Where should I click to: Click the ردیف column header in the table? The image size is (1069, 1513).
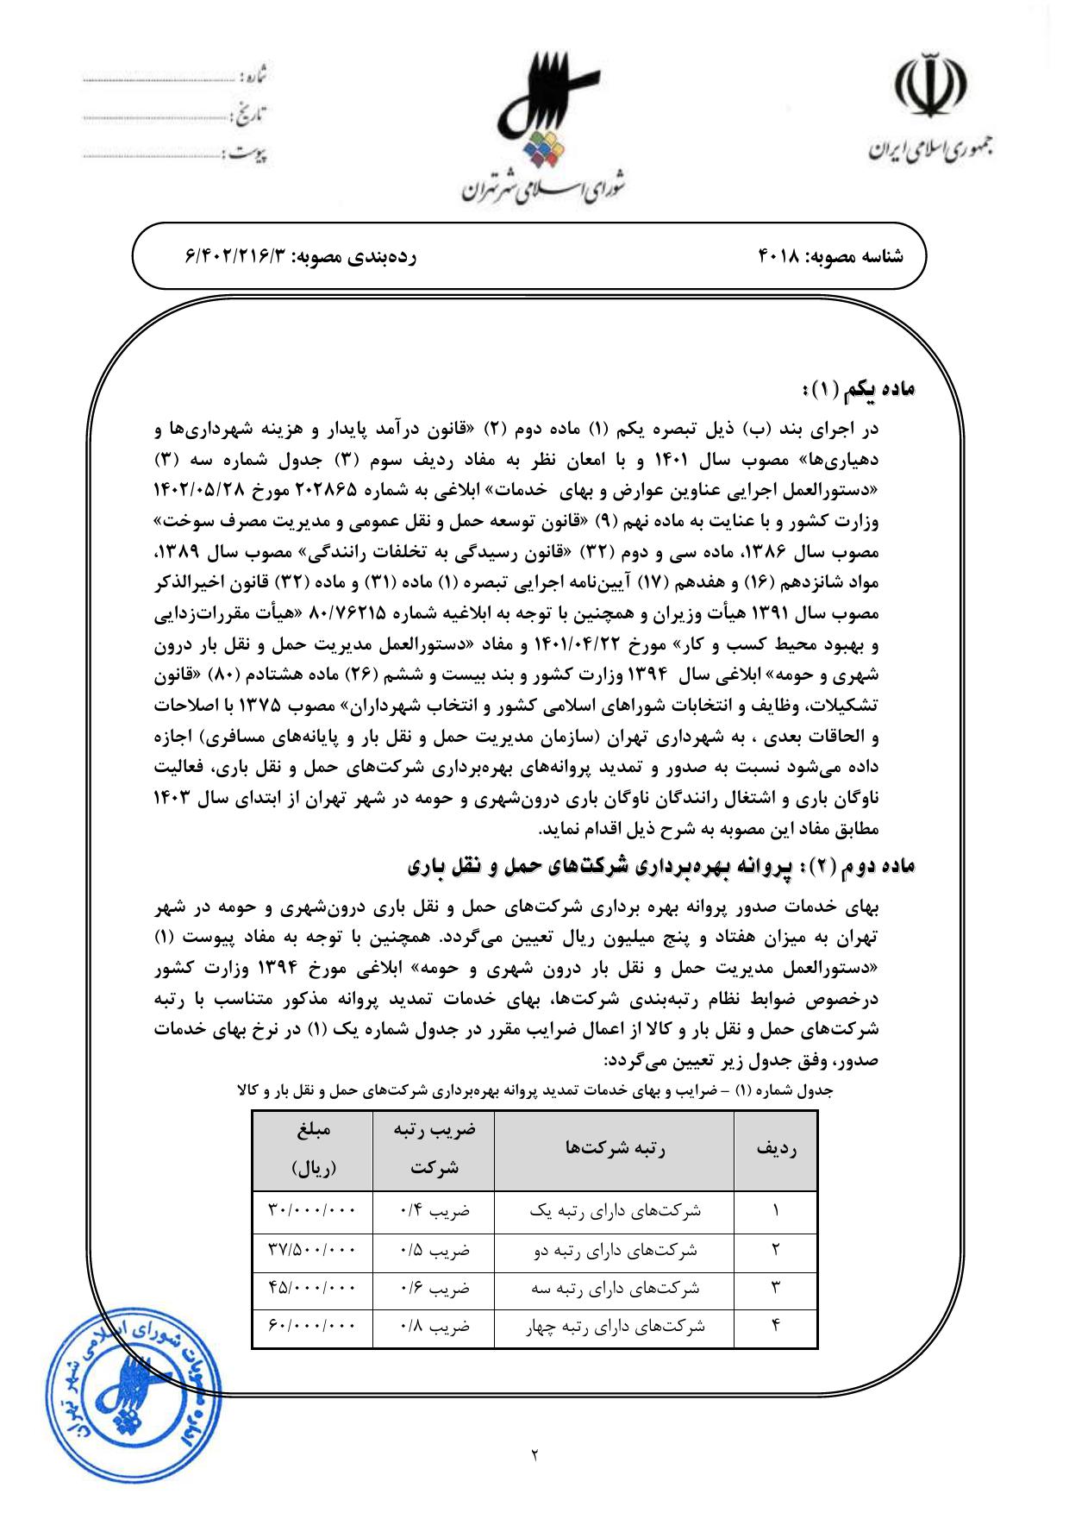tap(775, 1150)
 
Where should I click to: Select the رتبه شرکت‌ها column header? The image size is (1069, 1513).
tap(614, 1150)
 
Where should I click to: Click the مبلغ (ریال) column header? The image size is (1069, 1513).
tap(312, 1150)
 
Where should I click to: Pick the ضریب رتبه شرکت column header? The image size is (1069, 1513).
tap(433, 1150)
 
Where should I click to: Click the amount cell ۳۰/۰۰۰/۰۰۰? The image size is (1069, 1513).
tap(312, 1211)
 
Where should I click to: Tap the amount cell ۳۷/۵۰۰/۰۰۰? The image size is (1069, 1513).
tap(312, 1250)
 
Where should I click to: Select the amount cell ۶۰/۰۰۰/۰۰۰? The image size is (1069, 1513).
tap(312, 1327)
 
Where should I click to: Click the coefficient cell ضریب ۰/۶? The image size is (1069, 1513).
tap(434, 1289)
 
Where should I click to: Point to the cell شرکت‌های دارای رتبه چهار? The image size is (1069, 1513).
tap(615, 1327)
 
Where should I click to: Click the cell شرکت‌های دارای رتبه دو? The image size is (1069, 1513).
tap(615, 1250)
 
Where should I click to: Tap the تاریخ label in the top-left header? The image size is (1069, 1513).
tap(251, 112)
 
